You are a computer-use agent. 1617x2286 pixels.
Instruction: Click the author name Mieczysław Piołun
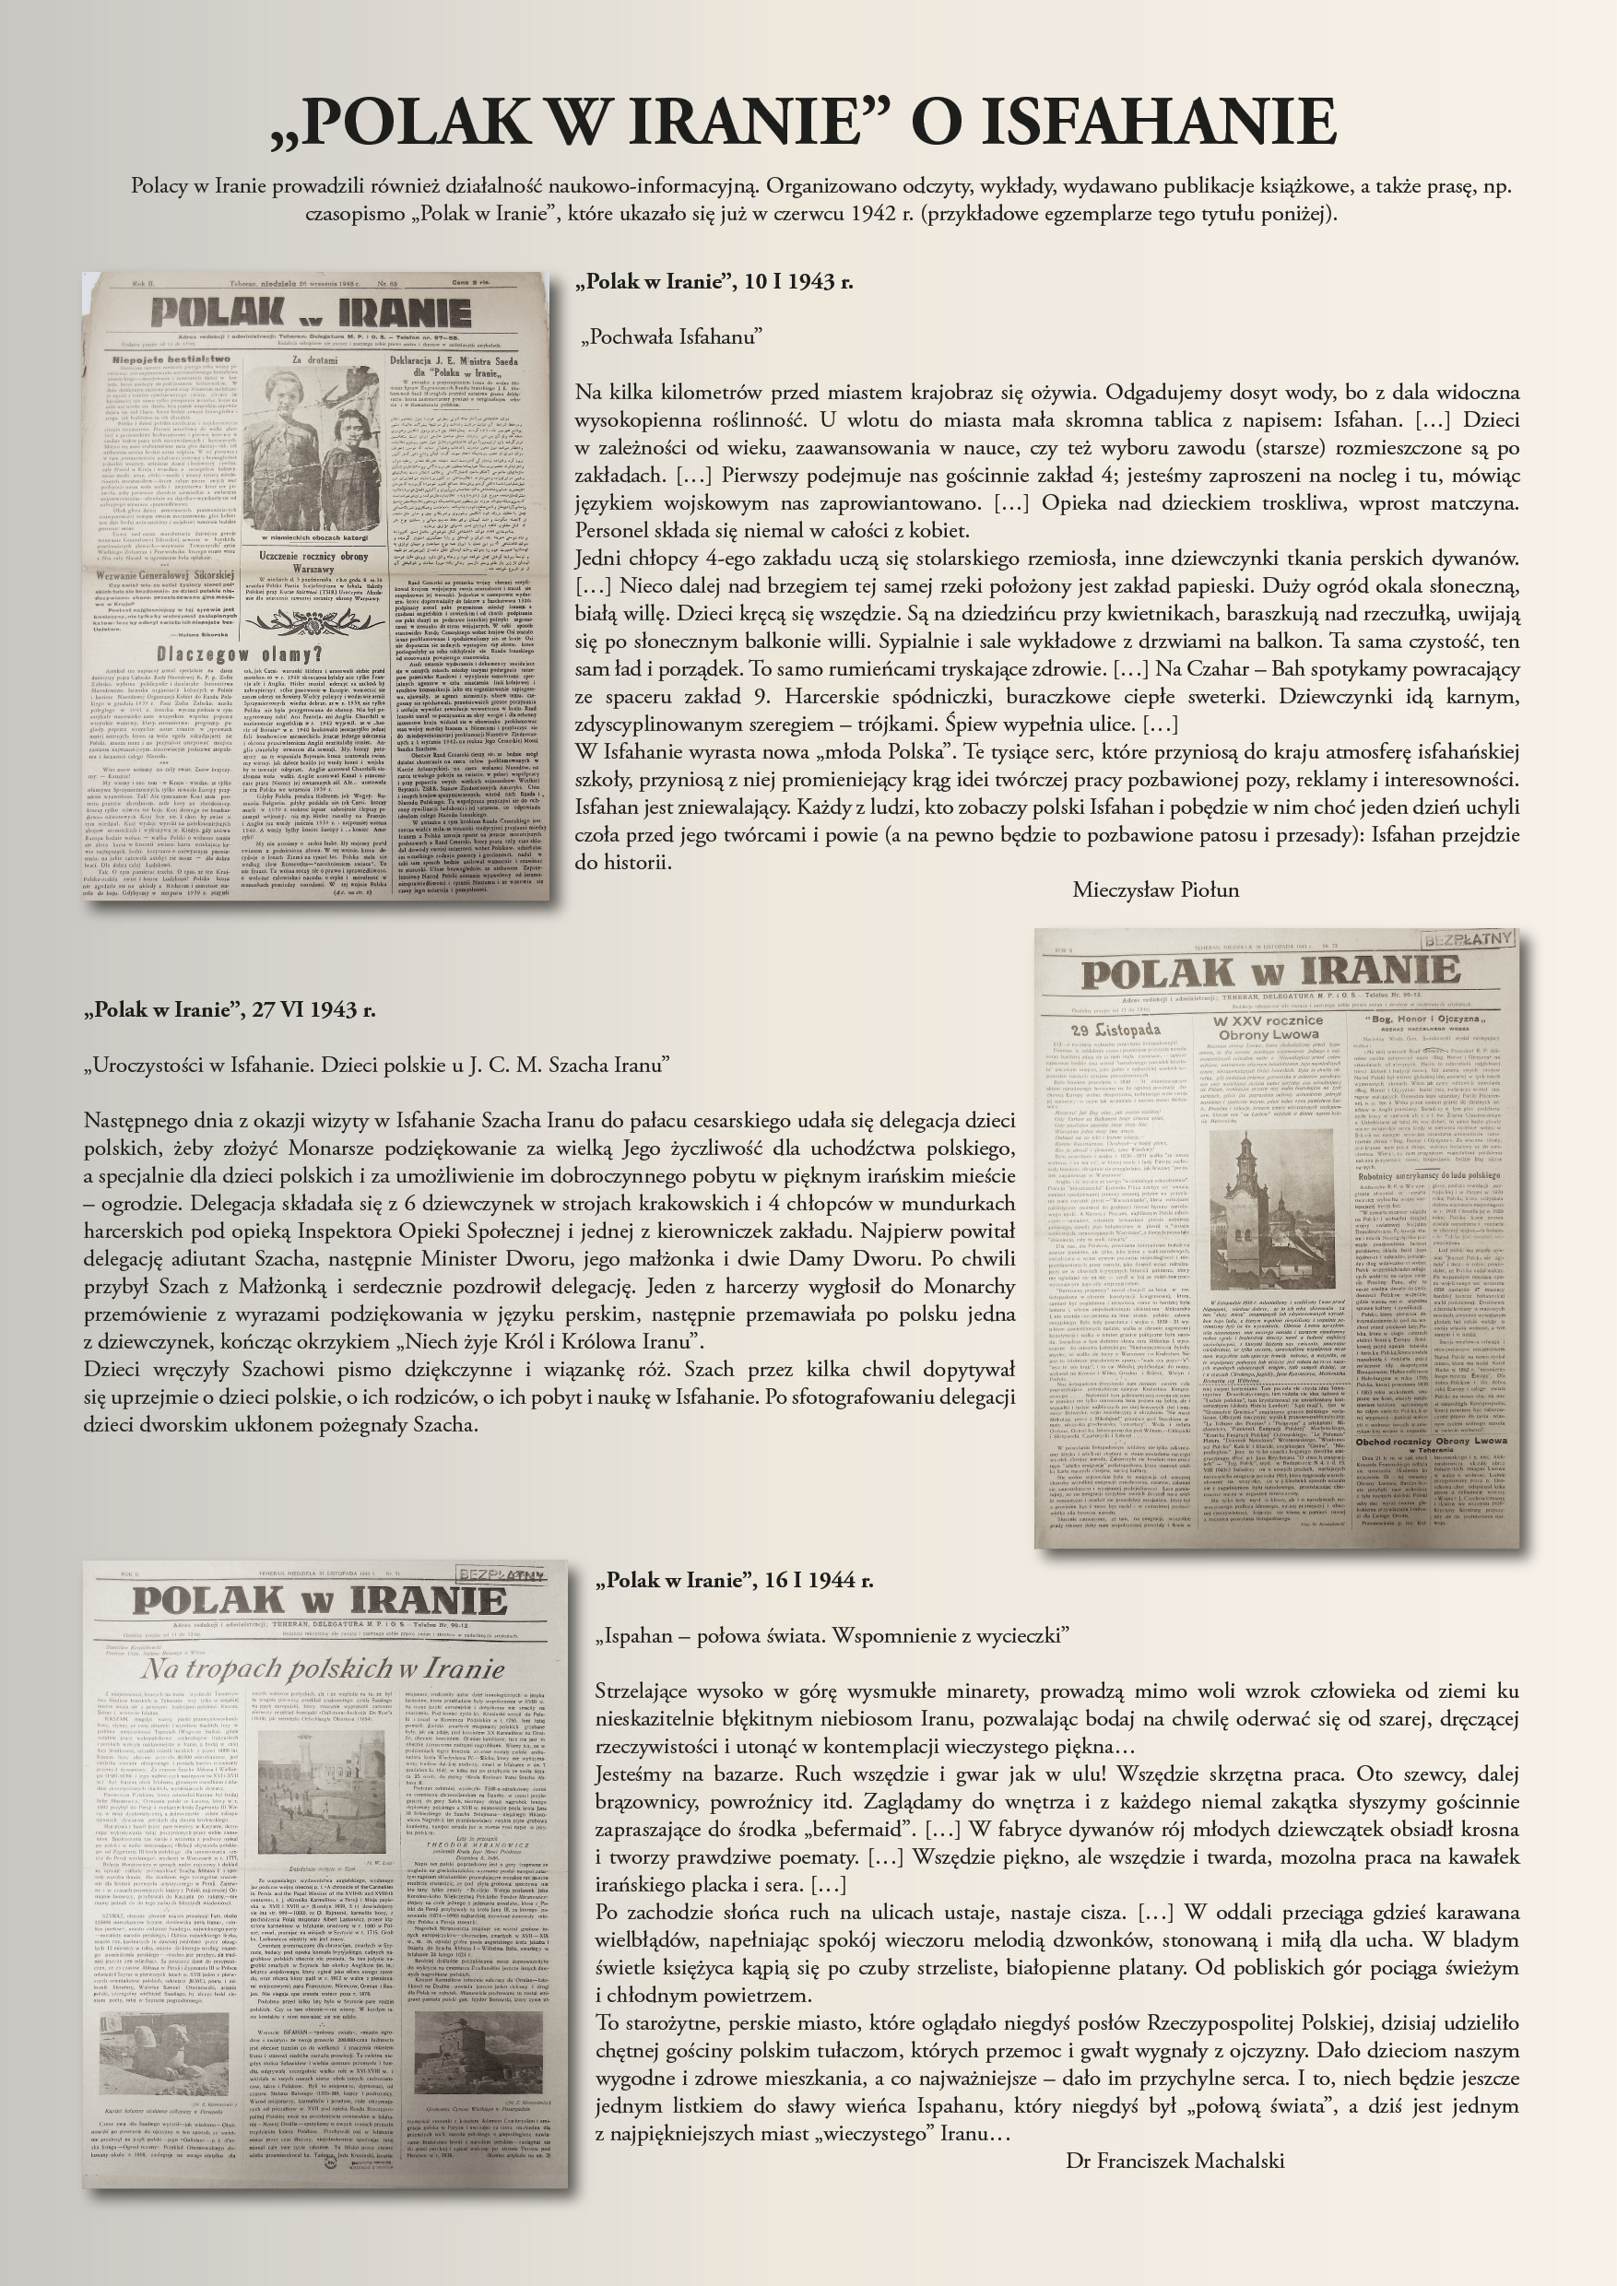pyautogui.click(x=1155, y=890)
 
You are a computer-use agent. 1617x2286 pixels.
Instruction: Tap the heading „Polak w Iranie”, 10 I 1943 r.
pyautogui.click(x=714, y=282)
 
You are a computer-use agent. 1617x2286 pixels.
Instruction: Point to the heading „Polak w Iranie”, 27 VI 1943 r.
pyautogui.click(x=230, y=1009)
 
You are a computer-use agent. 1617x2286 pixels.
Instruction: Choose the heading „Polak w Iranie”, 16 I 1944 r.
pyautogui.click(x=734, y=1580)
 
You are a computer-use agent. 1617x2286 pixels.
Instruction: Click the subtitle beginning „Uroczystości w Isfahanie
pyautogui.click(x=376, y=1066)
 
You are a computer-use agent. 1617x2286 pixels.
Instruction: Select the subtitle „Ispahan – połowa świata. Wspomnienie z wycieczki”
pyautogui.click(x=832, y=1636)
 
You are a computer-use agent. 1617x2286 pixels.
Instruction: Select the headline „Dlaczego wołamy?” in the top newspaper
pyautogui.click(x=239, y=654)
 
